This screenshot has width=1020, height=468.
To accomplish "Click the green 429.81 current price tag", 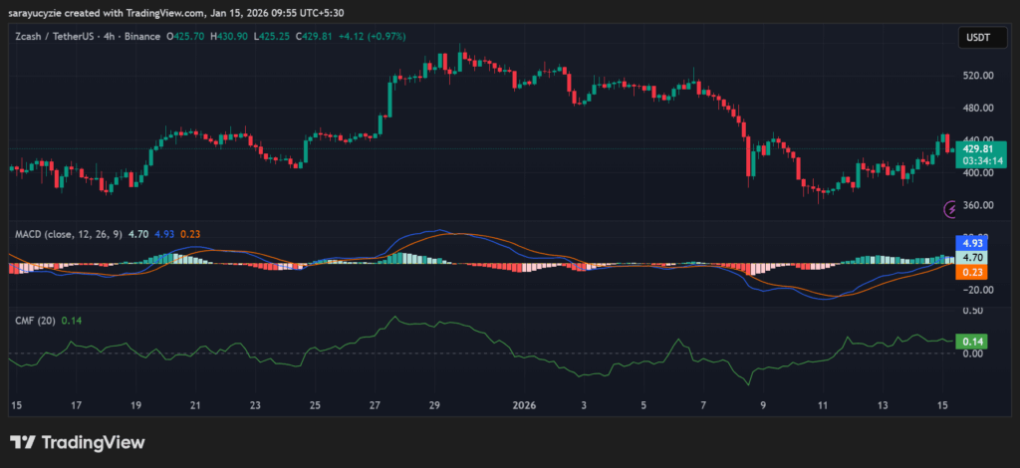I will pyautogui.click(x=982, y=148).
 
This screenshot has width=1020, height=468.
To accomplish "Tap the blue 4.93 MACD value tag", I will pyautogui.click(x=970, y=243).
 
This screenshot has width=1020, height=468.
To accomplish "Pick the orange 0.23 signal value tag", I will pyautogui.click(x=970, y=272).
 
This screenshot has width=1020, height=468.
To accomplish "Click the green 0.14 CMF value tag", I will pyautogui.click(x=970, y=341).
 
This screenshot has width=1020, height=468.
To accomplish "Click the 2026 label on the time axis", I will pyautogui.click(x=524, y=405).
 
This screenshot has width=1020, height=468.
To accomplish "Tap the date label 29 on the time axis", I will pyautogui.click(x=434, y=405).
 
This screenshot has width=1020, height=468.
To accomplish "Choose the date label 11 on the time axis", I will pyautogui.click(x=823, y=405).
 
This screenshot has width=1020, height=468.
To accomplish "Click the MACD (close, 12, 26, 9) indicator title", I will pyautogui.click(x=69, y=235).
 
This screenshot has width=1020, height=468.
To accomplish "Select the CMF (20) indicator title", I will pyautogui.click(x=35, y=321).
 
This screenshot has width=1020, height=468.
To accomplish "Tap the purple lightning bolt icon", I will pyautogui.click(x=950, y=209).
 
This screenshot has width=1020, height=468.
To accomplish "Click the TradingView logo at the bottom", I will pyautogui.click(x=78, y=442).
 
